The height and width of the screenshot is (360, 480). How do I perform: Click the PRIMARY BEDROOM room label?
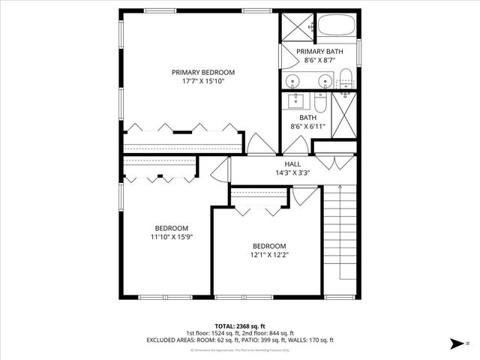coord(202,73)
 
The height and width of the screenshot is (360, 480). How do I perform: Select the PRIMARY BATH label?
coord(319,51)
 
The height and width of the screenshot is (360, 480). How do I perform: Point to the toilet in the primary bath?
coord(346,76)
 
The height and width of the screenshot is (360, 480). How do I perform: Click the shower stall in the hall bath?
coord(344,116)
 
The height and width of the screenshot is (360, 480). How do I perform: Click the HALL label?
coord(292,163)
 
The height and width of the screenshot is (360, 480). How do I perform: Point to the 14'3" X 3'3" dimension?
coord(292,172)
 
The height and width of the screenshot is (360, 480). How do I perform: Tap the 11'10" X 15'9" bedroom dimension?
coord(172,237)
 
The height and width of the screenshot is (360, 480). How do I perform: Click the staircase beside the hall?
coord(340,240)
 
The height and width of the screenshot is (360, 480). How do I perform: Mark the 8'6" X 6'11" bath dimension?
coord(308,126)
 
